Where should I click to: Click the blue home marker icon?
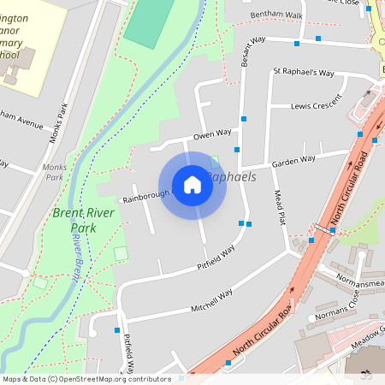192,184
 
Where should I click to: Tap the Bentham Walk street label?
276,15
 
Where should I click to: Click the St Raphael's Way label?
303,73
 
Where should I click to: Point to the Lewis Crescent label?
314,106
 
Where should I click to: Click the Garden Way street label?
293,160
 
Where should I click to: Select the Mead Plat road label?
279,207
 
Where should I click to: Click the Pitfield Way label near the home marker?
216,256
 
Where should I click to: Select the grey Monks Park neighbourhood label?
54,172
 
